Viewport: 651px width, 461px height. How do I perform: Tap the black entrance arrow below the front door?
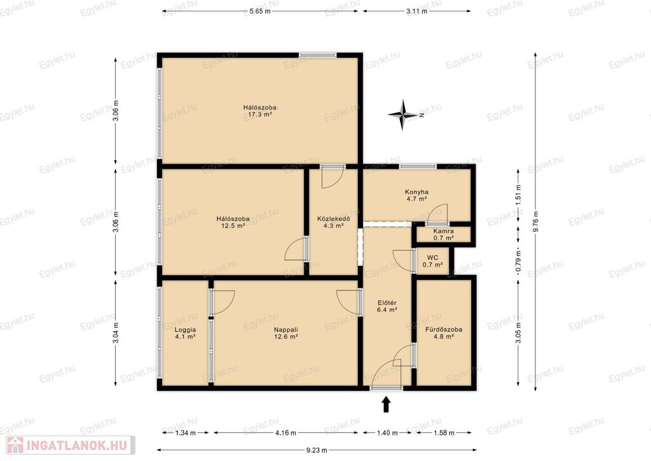(386, 404)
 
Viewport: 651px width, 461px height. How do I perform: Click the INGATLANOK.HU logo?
(70, 445)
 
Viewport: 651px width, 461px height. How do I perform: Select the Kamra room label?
(443, 234)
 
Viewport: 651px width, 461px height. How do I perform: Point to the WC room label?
(432, 261)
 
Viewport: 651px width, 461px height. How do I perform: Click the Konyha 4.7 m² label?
(416, 195)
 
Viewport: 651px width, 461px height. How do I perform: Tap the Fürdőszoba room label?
(443, 333)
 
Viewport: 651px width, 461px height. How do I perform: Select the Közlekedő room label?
(333, 222)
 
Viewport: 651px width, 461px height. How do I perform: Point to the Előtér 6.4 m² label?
(387, 306)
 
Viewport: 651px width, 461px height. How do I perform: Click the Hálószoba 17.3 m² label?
(260, 111)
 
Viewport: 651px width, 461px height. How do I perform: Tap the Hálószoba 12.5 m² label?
(233, 222)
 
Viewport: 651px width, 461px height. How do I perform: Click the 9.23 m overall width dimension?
(317, 450)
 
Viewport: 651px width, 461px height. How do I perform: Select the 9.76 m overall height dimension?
(535, 222)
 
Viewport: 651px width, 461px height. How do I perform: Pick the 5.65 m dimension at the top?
(260, 11)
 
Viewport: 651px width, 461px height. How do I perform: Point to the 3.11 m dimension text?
(417, 11)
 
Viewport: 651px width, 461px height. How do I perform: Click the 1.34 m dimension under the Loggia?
(185, 433)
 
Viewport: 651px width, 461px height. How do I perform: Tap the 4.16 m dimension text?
(285, 433)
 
